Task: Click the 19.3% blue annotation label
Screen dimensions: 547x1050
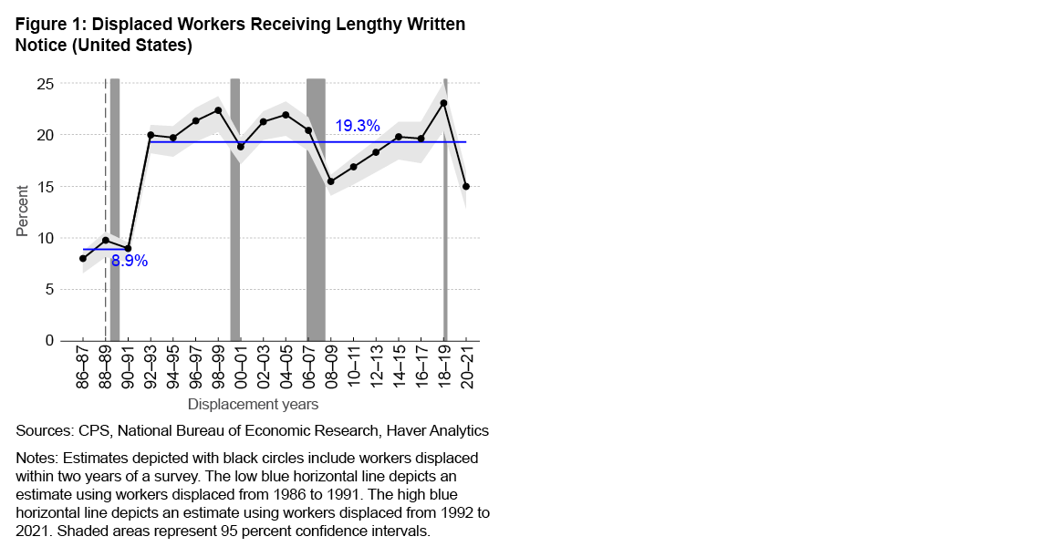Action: pyautogui.click(x=357, y=127)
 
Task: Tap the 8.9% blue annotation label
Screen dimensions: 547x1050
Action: pyautogui.click(x=130, y=262)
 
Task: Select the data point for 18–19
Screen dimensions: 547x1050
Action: pyautogui.click(x=443, y=103)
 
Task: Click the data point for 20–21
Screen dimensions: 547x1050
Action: pyautogui.click(x=466, y=186)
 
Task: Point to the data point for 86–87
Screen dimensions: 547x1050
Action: pyautogui.click(x=83, y=258)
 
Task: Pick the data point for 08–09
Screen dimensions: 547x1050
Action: pyautogui.click(x=331, y=181)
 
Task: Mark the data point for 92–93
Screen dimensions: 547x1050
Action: pyautogui.click(x=151, y=135)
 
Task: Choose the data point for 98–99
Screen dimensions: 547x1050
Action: pyautogui.click(x=218, y=110)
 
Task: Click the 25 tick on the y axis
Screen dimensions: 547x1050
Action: pyautogui.click(x=45, y=84)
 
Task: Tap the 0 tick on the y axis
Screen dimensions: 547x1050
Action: pyautogui.click(x=50, y=341)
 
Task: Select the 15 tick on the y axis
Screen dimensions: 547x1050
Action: pyautogui.click(x=45, y=187)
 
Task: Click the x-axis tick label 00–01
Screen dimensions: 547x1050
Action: pyautogui.click(x=241, y=367)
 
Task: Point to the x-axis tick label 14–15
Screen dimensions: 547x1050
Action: pyautogui.click(x=399, y=367)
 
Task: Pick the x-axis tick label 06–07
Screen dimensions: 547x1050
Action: pyautogui.click(x=308, y=367)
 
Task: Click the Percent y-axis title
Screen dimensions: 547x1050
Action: pyautogui.click(x=23, y=211)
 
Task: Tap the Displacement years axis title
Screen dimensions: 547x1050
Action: pyautogui.click(x=253, y=403)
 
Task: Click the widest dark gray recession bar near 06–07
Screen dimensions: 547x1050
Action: pyautogui.click(x=316, y=210)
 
